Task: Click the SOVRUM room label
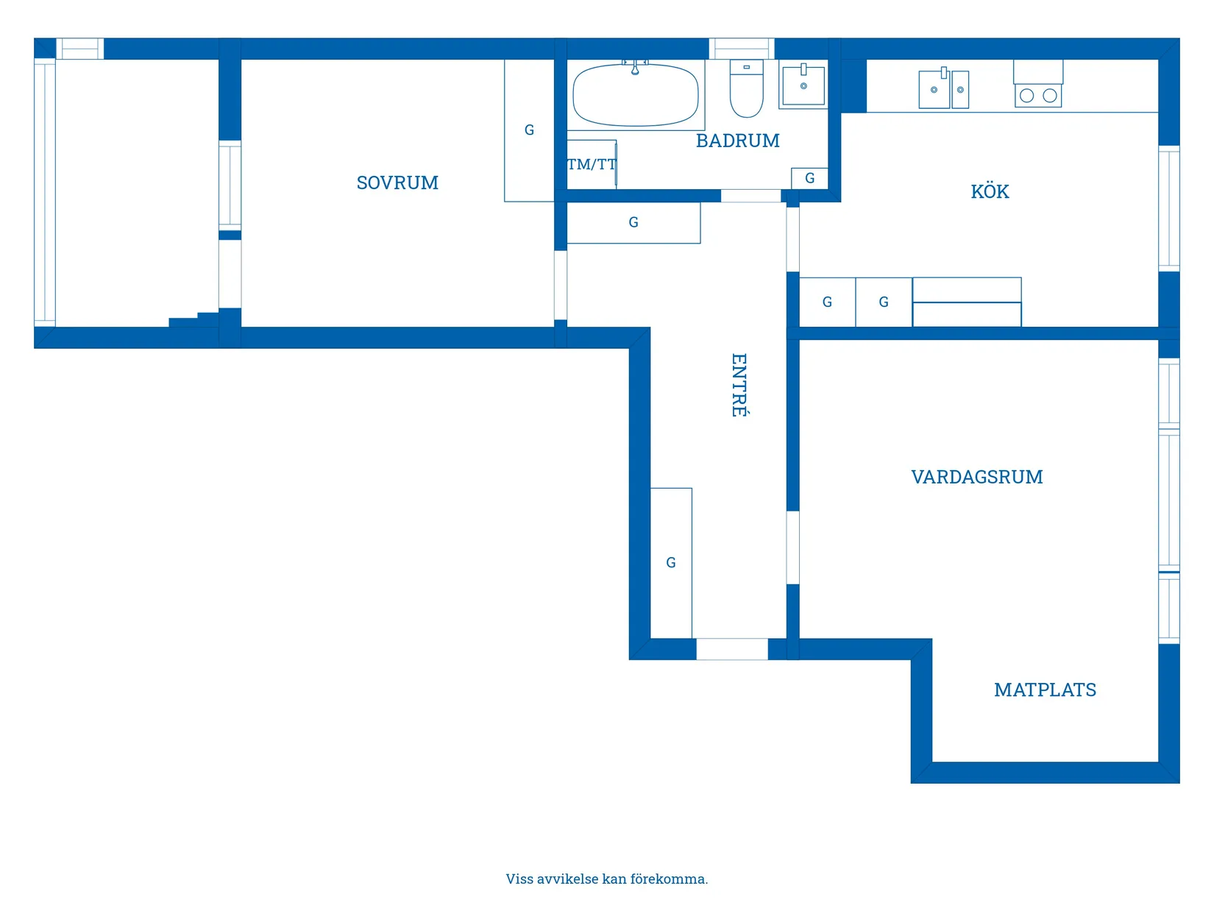tap(397, 182)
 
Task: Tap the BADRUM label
tap(737, 141)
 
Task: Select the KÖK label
tap(990, 192)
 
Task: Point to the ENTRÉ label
tap(739, 385)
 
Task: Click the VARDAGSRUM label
tap(976, 477)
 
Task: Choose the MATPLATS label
tap(1045, 690)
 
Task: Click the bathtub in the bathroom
tap(635, 96)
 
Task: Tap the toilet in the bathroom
tap(746, 90)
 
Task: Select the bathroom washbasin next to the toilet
tap(803, 85)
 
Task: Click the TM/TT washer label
tap(591, 165)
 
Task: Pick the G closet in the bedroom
tap(529, 130)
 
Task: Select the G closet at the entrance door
tap(670, 563)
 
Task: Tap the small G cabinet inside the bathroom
tap(809, 178)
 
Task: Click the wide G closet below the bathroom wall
tap(633, 222)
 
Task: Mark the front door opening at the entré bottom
tap(732, 649)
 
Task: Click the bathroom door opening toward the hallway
tap(750, 196)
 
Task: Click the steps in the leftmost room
tap(194, 319)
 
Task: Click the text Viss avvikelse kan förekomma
tap(606, 879)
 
